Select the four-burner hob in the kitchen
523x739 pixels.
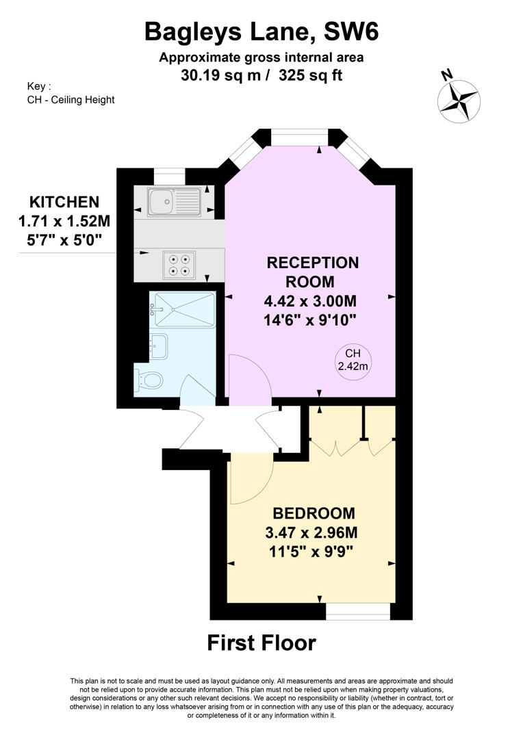[180, 265]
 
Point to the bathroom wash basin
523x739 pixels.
[158, 346]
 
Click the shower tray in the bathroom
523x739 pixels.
[183, 309]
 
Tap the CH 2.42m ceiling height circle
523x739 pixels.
[353, 360]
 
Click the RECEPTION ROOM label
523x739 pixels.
[312, 272]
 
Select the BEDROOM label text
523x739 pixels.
[314, 513]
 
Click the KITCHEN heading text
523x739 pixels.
[64, 202]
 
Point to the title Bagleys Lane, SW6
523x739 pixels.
[261, 31]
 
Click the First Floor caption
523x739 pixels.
[261, 643]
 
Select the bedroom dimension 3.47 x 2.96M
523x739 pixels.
[314, 532]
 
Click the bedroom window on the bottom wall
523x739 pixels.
[358, 610]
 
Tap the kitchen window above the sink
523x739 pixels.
[166, 177]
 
